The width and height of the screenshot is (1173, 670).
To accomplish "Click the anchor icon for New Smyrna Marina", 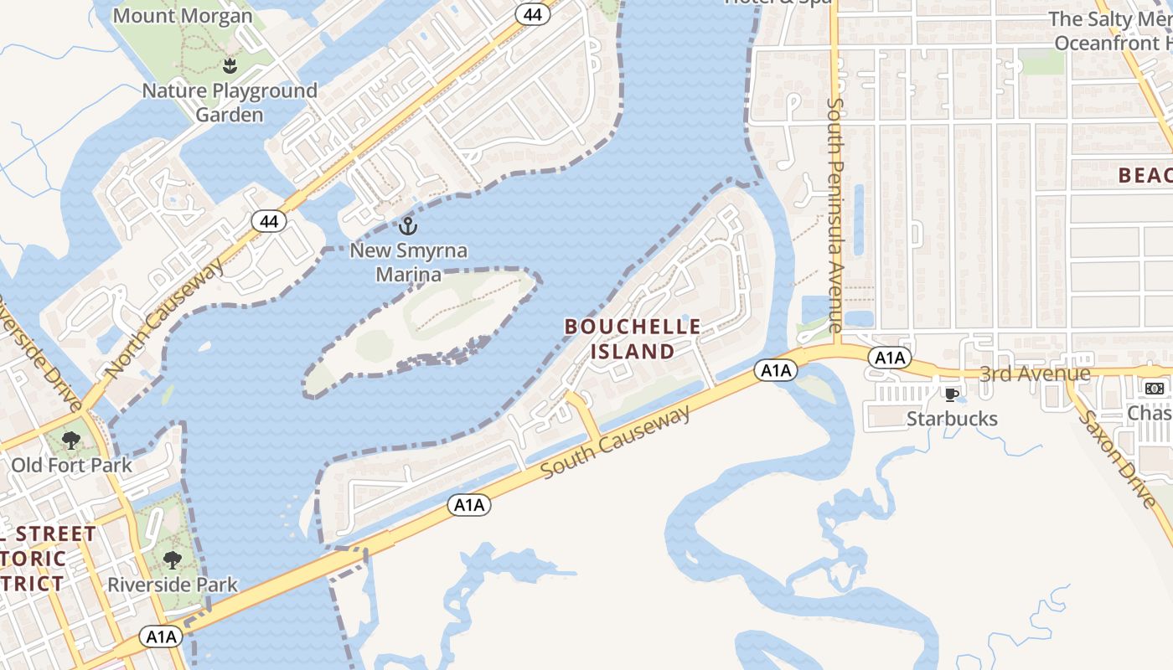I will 408,225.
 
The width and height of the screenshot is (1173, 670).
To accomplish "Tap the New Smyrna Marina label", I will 408,262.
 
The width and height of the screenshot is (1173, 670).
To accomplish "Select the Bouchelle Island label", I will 633,339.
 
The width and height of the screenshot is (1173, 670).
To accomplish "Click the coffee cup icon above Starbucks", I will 951,394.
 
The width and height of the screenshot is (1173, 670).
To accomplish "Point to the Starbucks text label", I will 952,419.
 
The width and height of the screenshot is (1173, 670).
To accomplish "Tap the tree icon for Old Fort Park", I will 71,440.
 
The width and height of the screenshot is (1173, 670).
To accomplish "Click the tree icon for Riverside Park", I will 173,559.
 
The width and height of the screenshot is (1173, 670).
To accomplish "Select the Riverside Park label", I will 173,585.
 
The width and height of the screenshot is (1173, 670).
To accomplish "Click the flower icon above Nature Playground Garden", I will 230,65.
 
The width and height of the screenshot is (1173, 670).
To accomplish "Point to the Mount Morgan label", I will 182,16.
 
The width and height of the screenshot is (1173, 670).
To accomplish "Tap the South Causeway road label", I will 616,441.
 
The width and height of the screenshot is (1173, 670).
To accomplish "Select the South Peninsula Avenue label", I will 835,214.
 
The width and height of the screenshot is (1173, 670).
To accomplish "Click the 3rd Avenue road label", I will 1035,374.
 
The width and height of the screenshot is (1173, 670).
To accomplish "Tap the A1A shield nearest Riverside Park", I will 162,636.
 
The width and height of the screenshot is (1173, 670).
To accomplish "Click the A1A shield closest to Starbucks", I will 890,358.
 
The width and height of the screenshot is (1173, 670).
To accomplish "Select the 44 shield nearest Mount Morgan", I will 532,13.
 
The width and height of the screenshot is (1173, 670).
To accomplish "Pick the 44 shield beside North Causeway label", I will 268,222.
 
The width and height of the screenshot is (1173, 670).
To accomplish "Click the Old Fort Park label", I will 71,465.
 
